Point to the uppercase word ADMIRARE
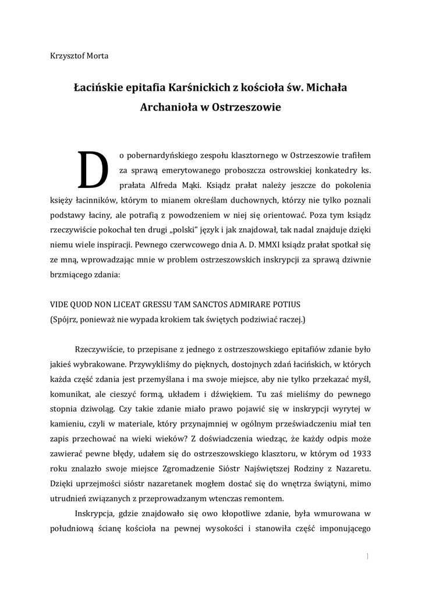(x=249, y=305)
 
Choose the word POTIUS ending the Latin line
(x=286, y=305)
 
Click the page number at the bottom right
(x=367, y=556)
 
